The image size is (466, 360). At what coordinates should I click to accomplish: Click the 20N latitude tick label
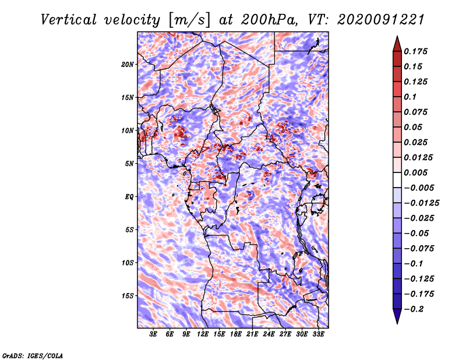click(128, 64)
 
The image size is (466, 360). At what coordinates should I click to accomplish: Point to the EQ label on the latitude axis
click(129, 196)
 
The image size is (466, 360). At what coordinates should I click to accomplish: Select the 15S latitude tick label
click(128, 295)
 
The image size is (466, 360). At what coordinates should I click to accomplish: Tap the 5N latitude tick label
click(129, 163)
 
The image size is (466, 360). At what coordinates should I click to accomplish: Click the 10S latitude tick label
click(128, 263)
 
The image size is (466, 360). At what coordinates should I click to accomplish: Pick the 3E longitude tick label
click(154, 334)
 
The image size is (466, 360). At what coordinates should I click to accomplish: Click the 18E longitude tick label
click(236, 334)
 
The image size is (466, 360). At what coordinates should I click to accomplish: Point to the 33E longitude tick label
click(318, 334)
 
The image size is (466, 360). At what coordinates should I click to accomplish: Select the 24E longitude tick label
click(269, 334)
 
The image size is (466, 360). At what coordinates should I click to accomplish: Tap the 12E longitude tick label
click(203, 334)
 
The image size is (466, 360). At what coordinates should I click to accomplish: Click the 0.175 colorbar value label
click(417, 51)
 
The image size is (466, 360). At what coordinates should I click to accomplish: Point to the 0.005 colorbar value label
click(417, 172)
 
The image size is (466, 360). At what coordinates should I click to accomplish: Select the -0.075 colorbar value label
click(419, 248)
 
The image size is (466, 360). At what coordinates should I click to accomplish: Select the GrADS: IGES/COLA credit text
click(32, 354)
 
